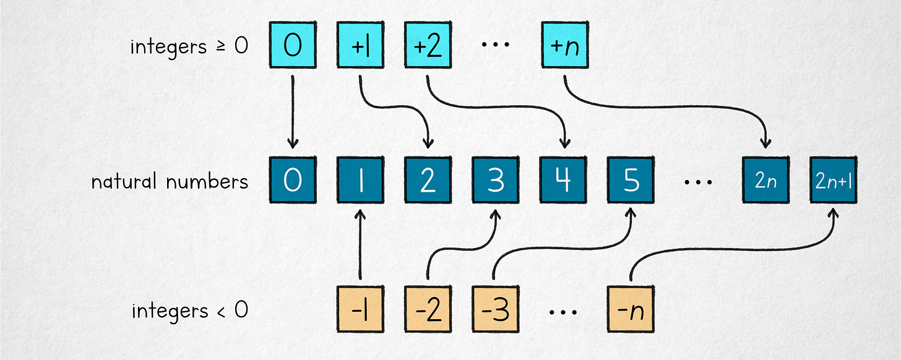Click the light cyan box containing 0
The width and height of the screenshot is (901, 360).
point(293,45)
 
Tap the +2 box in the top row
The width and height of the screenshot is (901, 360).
point(428,45)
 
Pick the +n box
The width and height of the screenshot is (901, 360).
point(564,45)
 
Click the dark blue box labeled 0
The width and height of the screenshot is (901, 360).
point(293,181)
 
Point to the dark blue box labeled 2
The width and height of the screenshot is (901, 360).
point(428,181)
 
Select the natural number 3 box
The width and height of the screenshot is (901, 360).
point(496,181)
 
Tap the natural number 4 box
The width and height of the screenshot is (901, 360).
point(563,181)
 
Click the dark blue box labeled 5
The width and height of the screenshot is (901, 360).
point(631,181)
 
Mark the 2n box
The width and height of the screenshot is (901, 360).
point(766,181)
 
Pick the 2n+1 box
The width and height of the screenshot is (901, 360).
point(834,181)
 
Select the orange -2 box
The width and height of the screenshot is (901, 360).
point(428,309)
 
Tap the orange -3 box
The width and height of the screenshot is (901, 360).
point(496,309)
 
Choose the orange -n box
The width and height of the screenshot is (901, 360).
point(631,309)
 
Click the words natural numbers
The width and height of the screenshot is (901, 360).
point(169,182)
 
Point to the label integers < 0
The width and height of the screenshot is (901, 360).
point(189,310)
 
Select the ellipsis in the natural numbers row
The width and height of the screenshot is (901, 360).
point(698,183)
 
